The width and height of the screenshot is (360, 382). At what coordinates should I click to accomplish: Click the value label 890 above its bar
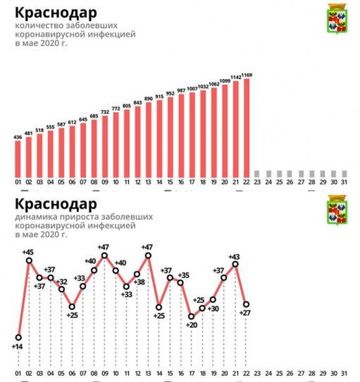149,99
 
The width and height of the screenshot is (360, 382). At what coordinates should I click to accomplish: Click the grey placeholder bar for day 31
344,173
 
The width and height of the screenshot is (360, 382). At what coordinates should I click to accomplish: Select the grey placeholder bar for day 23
258,173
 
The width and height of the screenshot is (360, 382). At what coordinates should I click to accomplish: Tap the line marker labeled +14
18,337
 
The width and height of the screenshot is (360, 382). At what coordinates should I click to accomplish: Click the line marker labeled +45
29,261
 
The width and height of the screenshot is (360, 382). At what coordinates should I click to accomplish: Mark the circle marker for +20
191,316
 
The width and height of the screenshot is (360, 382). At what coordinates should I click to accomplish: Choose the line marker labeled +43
236,264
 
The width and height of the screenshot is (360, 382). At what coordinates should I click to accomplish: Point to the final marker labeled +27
246,304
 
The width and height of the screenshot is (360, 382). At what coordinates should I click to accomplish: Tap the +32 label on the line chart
62,281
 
